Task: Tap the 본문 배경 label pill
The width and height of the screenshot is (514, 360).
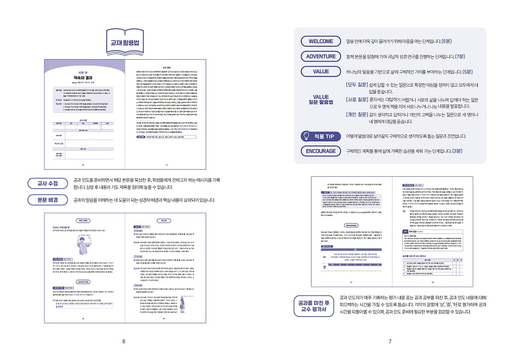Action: tap(44, 200)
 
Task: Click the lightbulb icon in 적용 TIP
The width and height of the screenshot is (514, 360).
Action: tap(308, 136)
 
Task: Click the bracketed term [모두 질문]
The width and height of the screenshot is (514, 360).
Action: tap(360, 84)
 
